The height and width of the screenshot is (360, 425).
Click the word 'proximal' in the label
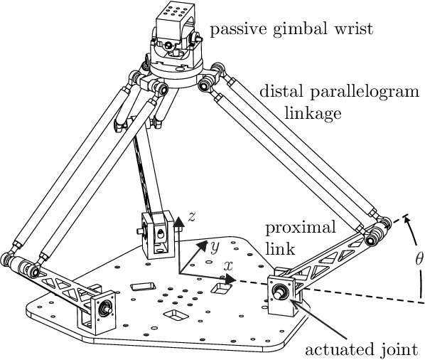[290, 228]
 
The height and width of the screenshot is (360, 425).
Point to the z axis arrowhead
[180, 221]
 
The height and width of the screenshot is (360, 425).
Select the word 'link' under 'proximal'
[277, 249]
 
